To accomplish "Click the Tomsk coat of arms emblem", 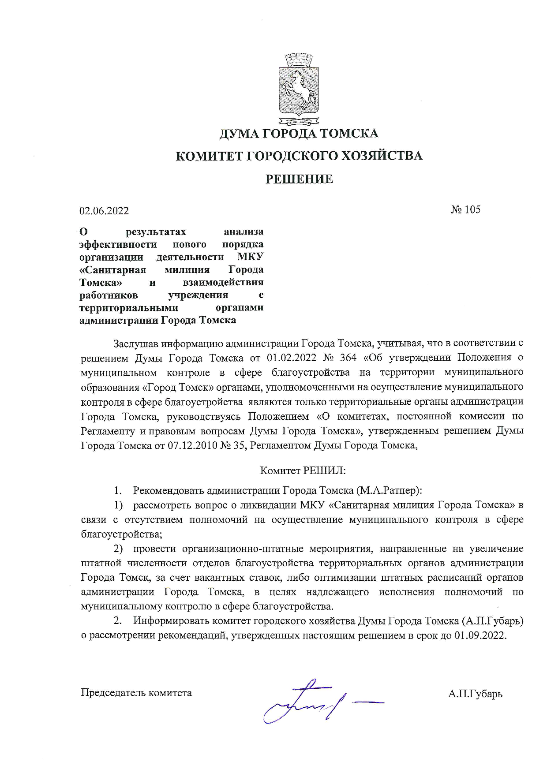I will [x=299, y=88].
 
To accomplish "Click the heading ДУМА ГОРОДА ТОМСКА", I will [x=299, y=133].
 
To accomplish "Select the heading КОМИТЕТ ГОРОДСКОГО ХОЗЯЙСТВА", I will [x=299, y=156].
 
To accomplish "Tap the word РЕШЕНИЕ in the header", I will [x=299, y=179].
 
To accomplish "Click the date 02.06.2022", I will [x=104, y=211].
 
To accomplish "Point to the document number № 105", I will [x=465, y=209].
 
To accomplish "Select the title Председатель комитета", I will [x=136, y=693].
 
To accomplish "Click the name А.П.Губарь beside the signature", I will [x=475, y=694].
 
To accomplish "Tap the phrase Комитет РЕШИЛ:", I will [x=303, y=471].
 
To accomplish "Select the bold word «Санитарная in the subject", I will [x=112, y=269].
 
